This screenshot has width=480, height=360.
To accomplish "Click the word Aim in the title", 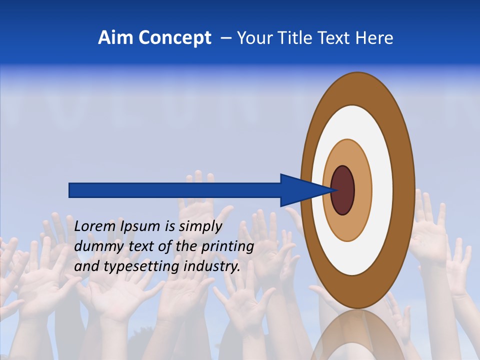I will pyautogui.click(x=116, y=38).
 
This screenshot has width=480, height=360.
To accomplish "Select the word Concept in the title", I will pyautogui.click(x=174, y=38).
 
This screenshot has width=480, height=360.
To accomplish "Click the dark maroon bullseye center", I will pyautogui.click(x=342, y=190).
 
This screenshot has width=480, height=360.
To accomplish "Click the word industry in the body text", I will pyautogui.click(x=212, y=266).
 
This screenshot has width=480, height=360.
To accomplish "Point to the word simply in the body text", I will pyautogui.click(x=200, y=227).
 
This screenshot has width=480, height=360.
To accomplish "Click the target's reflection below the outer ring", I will pyautogui.click(x=357, y=335).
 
